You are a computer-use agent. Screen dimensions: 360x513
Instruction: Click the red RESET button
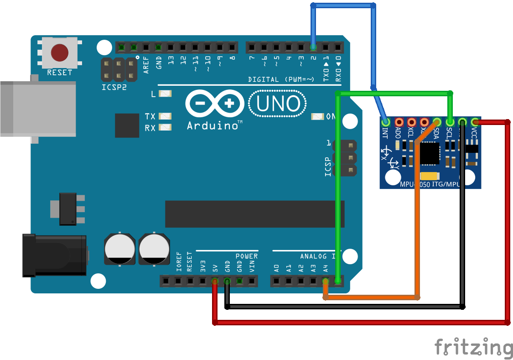pos(60,52)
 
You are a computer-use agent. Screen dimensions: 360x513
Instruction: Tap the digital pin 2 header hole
pos(313,47)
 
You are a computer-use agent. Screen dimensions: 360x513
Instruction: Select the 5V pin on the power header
pos(215,281)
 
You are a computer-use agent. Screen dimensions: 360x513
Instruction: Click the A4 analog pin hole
pos(325,281)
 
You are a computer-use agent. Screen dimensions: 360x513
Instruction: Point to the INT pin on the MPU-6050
pos(386,122)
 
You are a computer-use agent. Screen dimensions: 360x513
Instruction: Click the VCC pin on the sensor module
pos(475,122)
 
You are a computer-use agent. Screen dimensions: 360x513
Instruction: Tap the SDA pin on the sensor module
pos(436,122)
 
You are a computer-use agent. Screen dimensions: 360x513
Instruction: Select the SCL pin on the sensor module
pos(450,122)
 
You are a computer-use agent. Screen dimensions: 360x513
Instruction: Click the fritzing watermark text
pos(473,348)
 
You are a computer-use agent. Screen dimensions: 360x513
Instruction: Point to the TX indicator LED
pos(165,116)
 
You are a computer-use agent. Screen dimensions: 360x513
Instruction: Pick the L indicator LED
pos(165,94)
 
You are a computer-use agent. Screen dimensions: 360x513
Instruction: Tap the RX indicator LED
pos(165,128)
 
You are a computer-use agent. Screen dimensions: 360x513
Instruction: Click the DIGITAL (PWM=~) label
pos(281,79)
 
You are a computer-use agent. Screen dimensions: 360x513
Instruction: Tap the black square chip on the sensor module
pos(430,153)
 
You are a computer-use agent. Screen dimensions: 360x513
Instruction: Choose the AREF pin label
pos(146,62)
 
